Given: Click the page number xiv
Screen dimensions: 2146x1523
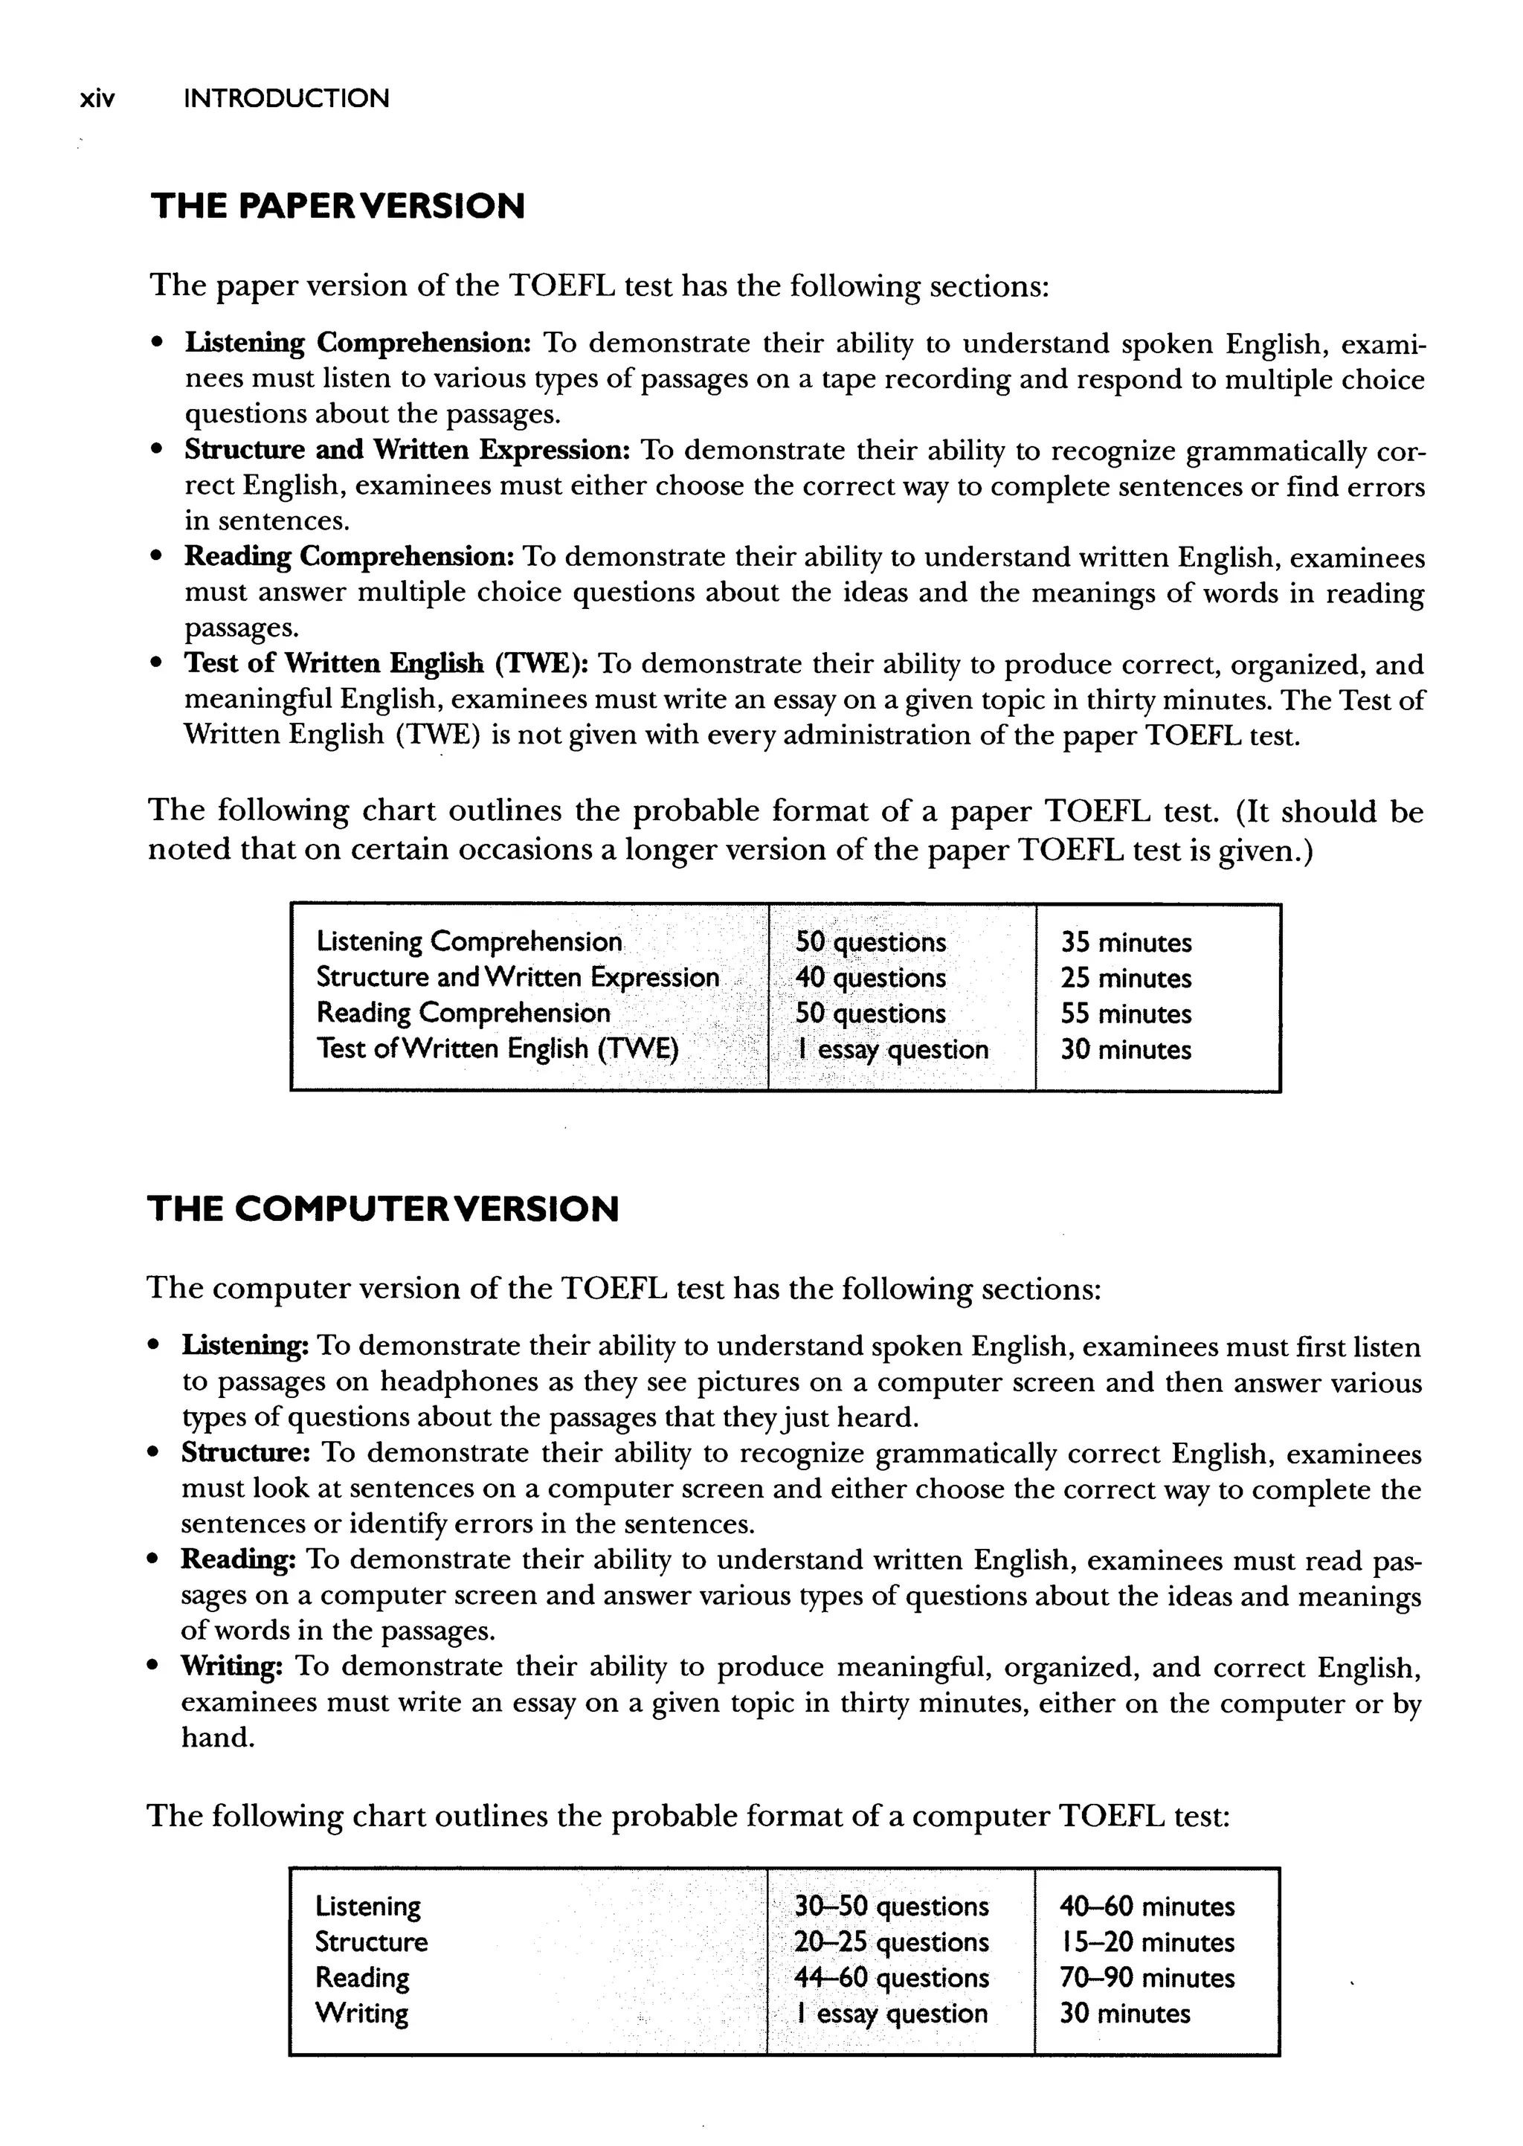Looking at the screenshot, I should point(97,98).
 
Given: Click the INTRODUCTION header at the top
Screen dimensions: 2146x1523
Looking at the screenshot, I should point(286,98).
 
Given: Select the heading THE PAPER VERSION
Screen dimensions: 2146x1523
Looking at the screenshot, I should point(338,206).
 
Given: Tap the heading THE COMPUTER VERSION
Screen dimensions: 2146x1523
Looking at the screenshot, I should point(383,1208).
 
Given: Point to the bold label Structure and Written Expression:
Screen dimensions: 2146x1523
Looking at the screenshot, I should point(405,450).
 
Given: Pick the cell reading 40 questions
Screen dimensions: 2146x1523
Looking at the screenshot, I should point(870,978).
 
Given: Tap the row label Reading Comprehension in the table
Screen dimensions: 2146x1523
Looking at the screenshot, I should point(463,1014).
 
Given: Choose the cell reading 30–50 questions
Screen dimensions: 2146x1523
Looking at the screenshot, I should point(891,1906).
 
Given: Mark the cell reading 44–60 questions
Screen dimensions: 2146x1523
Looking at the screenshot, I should point(891,1977).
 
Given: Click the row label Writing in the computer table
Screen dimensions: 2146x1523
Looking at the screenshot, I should point(362,2013).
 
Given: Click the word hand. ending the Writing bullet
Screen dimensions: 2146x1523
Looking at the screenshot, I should point(218,1737).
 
